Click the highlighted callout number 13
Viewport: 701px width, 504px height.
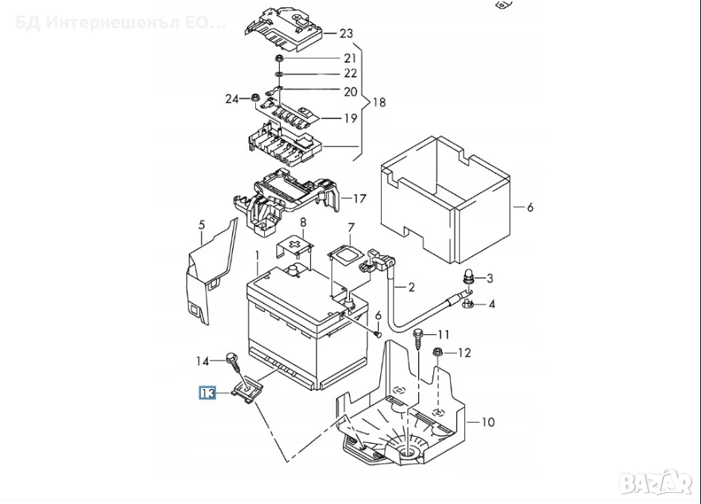click(206, 392)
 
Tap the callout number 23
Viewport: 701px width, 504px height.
click(346, 33)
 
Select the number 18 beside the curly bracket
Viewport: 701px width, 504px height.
click(379, 102)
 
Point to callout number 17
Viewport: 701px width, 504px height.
click(359, 199)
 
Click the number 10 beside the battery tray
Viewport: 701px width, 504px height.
click(487, 422)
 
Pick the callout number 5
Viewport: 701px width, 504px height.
click(201, 224)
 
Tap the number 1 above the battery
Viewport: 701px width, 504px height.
click(257, 255)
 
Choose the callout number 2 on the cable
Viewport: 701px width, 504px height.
click(412, 287)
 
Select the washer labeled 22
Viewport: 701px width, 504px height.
click(278, 74)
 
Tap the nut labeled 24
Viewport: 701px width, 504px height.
click(255, 97)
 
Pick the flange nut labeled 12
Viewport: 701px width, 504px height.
click(438, 352)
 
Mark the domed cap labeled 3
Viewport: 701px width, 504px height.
click(469, 278)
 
